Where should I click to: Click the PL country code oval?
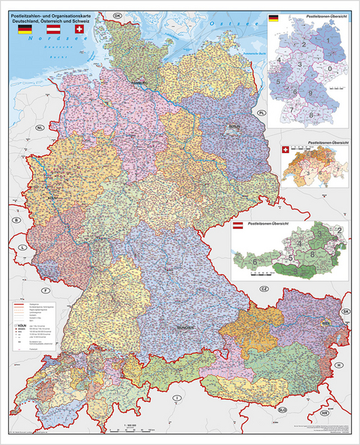click(x=262, y=113)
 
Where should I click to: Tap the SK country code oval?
click(x=346, y=311)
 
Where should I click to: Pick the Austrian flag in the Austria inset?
click(x=238, y=225)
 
